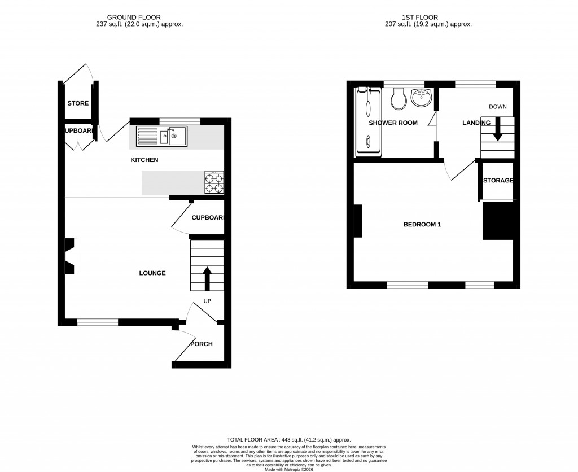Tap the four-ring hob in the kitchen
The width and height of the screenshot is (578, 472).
pos(214,182)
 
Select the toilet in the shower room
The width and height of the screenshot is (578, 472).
pos(399,99)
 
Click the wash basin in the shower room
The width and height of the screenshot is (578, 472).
pos(421,98)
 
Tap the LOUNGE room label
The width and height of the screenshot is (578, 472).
pos(152,273)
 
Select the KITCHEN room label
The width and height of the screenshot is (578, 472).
pos(144,160)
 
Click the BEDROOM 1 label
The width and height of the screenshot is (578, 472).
pos(422,224)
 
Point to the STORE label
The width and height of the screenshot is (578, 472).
pos(78,103)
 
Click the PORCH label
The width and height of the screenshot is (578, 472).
pos(201,344)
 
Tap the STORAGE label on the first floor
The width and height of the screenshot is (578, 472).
pos(498,181)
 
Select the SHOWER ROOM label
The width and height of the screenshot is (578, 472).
pos(393,123)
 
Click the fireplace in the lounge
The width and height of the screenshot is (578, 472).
pos(70,256)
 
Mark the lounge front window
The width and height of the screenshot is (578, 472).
pos(98,322)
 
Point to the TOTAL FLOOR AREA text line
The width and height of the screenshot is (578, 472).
pos(288,439)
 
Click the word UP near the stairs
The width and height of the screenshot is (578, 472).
pos(207,301)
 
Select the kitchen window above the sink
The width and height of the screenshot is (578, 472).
pos(179,120)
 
